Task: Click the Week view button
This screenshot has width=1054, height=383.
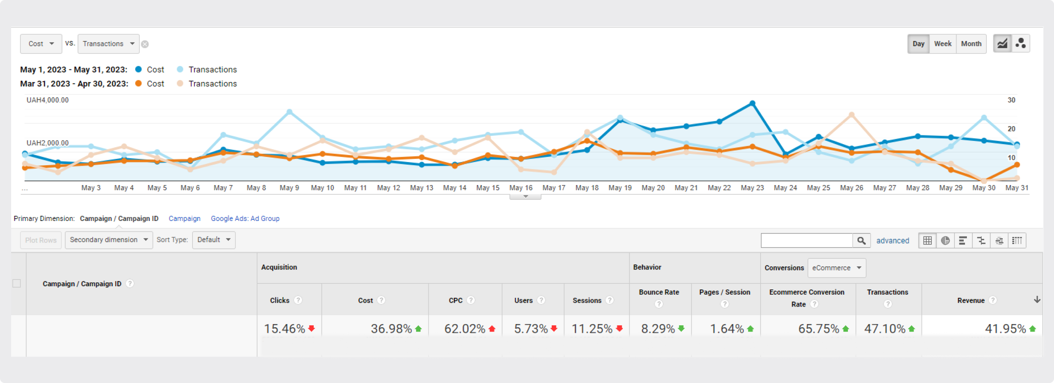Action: point(942,44)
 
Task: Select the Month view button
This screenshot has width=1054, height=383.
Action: point(971,44)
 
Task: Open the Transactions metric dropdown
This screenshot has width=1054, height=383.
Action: point(109,44)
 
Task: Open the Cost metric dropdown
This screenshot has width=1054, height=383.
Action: point(41,44)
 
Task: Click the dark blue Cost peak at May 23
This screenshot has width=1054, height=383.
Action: point(752,104)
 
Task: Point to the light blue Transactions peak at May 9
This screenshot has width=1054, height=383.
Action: point(289,112)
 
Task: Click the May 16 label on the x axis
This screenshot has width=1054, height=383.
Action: point(521,188)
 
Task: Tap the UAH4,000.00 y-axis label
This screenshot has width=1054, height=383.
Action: point(47,100)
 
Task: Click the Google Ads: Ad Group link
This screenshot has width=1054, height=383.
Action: point(245,218)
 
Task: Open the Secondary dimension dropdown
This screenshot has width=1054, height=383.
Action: point(109,240)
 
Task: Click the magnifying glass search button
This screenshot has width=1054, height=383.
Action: point(861,240)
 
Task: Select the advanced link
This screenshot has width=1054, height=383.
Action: point(893,240)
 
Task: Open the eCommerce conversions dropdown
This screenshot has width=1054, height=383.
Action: point(836,268)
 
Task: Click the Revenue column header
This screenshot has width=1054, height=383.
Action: point(970,300)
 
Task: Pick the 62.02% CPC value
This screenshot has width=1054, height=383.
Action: point(465,328)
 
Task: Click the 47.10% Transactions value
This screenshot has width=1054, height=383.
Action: point(884,328)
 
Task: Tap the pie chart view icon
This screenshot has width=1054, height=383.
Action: point(945,240)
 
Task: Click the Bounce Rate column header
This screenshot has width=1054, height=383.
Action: point(659,292)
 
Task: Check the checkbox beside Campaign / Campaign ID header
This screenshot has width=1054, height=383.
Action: point(16,283)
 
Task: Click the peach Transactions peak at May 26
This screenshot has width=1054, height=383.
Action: point(852,115)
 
